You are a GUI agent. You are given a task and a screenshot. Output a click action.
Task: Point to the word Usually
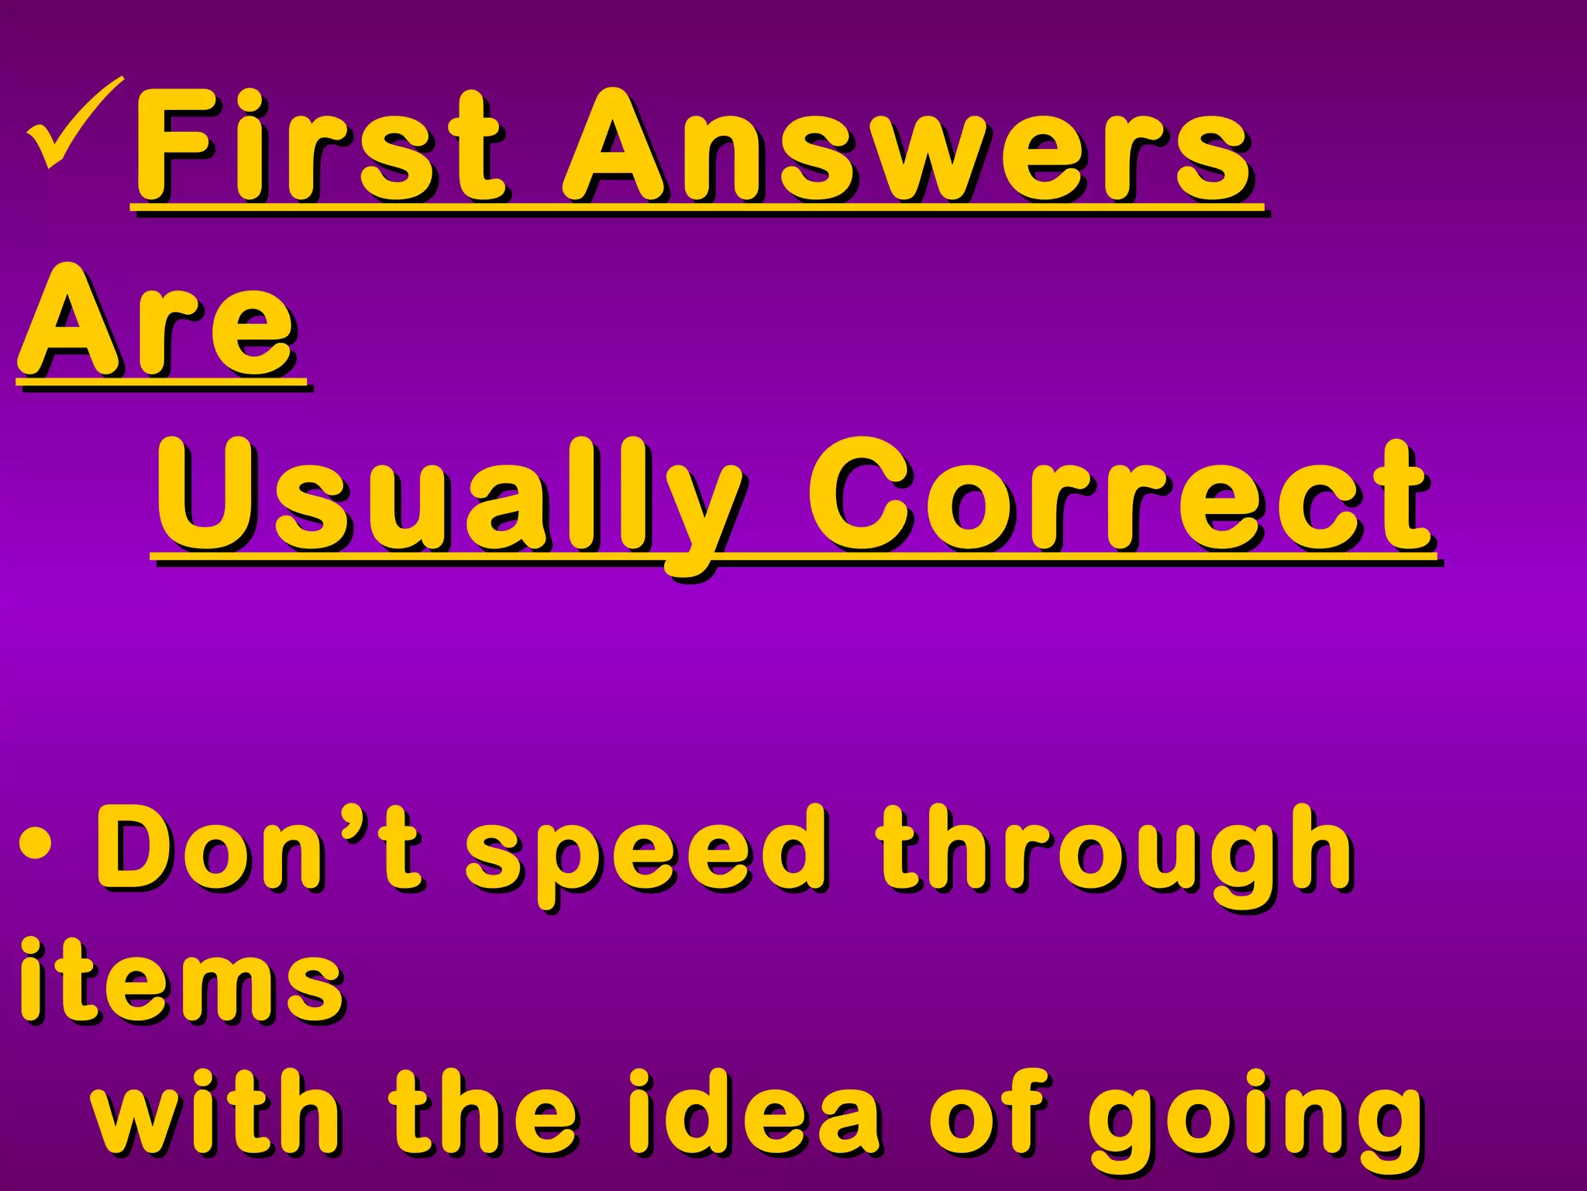(x=449, y=496)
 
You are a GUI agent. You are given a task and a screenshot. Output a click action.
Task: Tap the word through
(x=1116, y=853)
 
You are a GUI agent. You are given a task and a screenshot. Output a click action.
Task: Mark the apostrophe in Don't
(x=350, y=819)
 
